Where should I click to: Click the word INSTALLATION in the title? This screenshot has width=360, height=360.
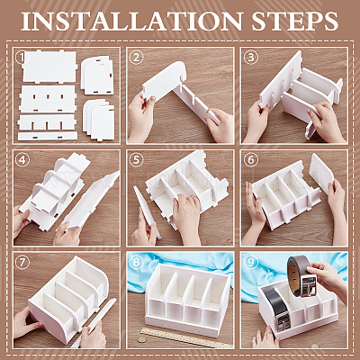tap(131, 22)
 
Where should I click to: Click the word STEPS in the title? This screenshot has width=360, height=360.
tap(295, 22)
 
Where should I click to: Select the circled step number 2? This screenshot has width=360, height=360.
tap(136, 57)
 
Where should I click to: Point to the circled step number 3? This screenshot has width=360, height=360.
tap(251, 57)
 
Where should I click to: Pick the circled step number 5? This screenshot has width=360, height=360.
tap(136, 160)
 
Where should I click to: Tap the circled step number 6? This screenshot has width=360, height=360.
tap(251, 160)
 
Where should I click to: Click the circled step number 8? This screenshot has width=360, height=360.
tap(136, 263)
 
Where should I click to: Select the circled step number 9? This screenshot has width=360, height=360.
tap(251, 263)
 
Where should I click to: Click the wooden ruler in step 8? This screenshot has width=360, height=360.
tap(183, 337)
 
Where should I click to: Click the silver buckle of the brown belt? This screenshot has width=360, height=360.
tap(309, 286)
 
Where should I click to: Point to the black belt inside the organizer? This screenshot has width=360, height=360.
tap(274, 309)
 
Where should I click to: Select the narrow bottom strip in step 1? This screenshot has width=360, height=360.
tap(48, 136)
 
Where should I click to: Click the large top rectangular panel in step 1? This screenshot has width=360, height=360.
tap(49, 67)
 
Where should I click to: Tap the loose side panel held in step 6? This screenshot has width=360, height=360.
tap(321, 173)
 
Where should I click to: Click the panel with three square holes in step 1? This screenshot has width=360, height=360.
tap(48, 99)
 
